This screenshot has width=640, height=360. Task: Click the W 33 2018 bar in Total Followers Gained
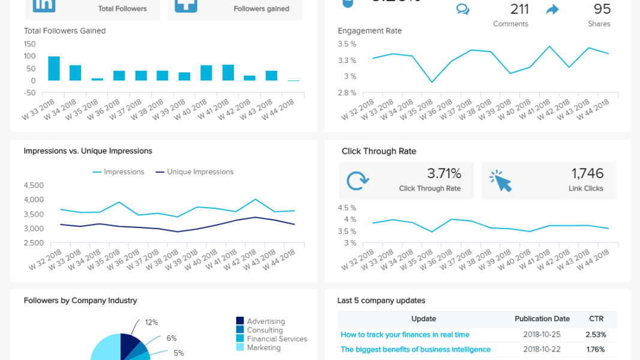pyautogui.click(x=54, y=68)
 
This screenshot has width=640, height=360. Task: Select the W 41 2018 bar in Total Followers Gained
pyautogui.click(x=228, y=73)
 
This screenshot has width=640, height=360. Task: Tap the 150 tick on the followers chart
pyautogui.click(x=30, y=44)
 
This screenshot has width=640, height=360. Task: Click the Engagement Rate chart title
pyautogui.click(x=370, y=31)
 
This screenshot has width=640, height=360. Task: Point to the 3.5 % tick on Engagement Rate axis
pyautogui.click(x=347, y=44)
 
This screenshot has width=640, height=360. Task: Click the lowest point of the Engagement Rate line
pyautogui.click(x=432, y=82)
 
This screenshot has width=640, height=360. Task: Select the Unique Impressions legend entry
pyautogui.click(x=195, y=172)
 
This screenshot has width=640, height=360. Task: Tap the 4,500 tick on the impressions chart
pyautogui.click(x=34, y=185)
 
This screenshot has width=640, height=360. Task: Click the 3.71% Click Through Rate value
pyautogui.click(x=444, y=173)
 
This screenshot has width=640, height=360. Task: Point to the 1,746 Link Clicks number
pyautogui.click(x=587, y=173)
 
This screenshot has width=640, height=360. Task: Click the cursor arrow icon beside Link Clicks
pyautogui.click(x=500, y=181)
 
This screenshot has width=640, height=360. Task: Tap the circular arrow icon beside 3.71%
pyautogui.click(x=357, y=181)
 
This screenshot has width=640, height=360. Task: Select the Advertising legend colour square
pyautogui.click(x=240, y=321)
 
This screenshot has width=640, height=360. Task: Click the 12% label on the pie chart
pyautogui.click(x=151, y=322)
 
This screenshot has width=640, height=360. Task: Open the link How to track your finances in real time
pyautogui.click(x=405, y=335)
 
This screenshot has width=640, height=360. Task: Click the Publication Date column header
pyautogui.click(x=542, y=319)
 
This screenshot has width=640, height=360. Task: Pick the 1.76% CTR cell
pyautogui.click(x=596, y=349)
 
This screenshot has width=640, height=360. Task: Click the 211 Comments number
pyautogui.click(x=519, y=9)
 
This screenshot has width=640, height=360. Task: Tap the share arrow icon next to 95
pyautogui.click(x=552, y=10)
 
